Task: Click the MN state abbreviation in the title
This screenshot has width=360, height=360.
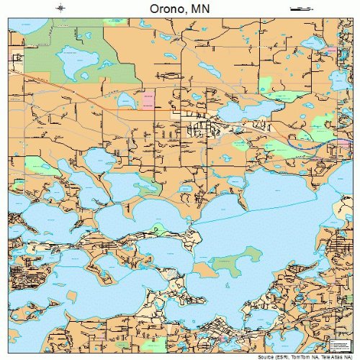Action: [x=201, y=10]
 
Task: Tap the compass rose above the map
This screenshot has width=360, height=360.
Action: [x=60, y=9]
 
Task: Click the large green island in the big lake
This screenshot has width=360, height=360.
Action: [x=247, y=255]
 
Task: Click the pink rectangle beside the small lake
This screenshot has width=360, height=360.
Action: [x=148, y=99]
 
